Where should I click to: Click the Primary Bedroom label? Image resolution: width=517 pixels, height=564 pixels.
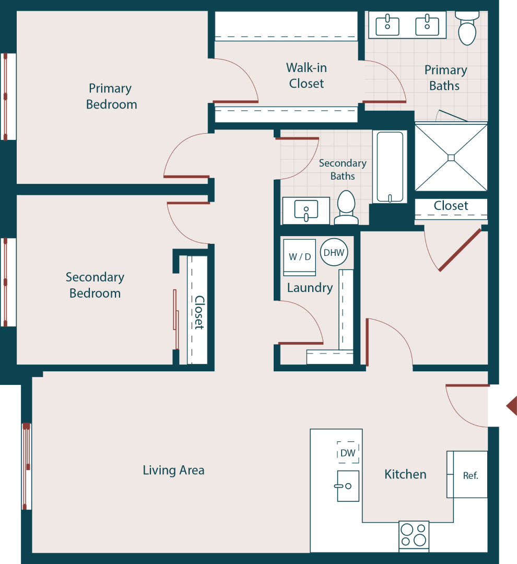(111, 97)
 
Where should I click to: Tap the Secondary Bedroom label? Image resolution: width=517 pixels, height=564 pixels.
(95, 285)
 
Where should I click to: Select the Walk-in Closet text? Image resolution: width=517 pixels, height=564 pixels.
(307, 76)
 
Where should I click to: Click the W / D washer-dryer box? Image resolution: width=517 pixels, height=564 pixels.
(300, 257)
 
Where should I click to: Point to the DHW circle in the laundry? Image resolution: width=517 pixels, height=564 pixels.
(334, 253)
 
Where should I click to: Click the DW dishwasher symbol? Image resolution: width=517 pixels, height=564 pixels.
(348, 453)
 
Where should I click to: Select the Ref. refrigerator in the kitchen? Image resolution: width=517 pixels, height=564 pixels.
(470, 475)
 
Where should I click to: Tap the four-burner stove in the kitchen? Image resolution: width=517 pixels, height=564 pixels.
(414, 535)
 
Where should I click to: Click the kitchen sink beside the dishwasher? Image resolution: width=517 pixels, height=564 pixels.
(348, 486)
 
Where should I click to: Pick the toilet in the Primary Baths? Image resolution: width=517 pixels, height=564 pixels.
(467, 29)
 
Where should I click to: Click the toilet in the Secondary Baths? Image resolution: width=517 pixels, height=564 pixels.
(346, 207)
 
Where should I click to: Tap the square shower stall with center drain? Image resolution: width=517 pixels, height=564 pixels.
(451, 157)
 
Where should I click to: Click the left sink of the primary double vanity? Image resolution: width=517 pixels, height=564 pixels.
(387, 25)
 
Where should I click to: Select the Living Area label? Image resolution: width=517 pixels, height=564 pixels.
(173, 470)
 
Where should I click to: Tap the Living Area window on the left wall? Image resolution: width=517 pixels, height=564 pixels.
(26, 466)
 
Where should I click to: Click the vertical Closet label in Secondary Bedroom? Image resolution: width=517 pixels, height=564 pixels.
(199, 312)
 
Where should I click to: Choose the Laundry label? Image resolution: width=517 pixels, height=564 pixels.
(310, 288)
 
